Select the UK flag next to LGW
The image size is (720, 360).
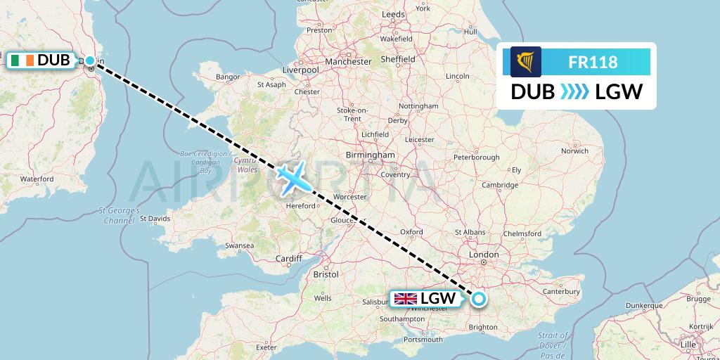(x=406, y=299)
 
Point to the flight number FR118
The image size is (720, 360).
(x=593, y=63)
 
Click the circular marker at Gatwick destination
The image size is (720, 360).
(x=479, y=299)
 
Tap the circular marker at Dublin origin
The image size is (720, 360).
(x=90, y=60)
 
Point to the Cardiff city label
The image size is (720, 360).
(x=288, y=259)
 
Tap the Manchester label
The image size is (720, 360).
(x=348, y=62)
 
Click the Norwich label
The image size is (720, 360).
(x=574, y=150)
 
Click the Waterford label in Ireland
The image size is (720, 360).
(x=37, y=179)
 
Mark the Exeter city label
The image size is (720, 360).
(x=266, y=347)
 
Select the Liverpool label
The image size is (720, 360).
(x=300, y=70)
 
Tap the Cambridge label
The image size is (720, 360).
(x=500, y=185)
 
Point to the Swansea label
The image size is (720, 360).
(x=238, y=246)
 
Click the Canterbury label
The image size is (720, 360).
(x=560, y=291)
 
